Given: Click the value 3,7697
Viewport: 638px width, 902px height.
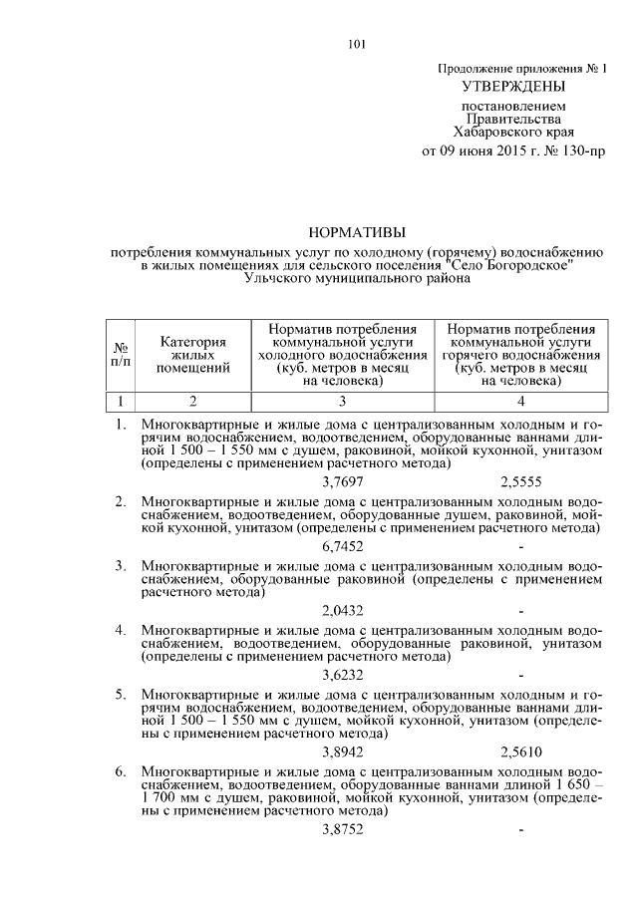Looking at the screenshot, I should click(x=343, y=480).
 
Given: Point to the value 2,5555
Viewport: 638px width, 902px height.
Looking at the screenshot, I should click(x=521, y=480).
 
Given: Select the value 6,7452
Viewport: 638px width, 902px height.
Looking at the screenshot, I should click(x=343, y=546).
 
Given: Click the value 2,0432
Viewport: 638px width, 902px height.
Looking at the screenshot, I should click(x=343, y=611).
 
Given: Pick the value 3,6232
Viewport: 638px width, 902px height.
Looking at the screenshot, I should click(x=343, y=675).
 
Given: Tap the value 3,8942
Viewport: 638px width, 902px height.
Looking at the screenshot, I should click(x=343, y=752).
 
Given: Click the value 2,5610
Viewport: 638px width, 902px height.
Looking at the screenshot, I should click(x=521, y=752).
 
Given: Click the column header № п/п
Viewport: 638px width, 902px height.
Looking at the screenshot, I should click(x=121, y=355).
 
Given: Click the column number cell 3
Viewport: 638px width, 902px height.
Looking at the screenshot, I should click(x=342, y=402).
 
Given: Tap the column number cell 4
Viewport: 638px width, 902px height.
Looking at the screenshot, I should click(x=521, y=402).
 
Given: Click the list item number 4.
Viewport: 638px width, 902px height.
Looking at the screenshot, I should click(x=121, y=631).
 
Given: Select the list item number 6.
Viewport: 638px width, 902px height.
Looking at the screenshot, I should click(x=121, y=772).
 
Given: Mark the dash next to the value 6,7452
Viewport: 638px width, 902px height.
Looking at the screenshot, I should click(x=521, y=546).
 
